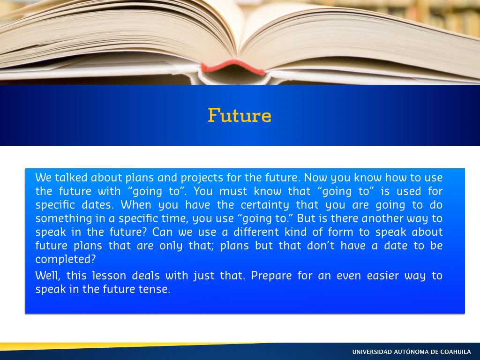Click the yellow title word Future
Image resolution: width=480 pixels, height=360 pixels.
point(240,115)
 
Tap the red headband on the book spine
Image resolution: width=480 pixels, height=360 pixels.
point(233,67)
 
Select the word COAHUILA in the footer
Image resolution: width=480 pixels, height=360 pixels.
point(456,352)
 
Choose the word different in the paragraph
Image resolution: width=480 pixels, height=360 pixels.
point(256,232)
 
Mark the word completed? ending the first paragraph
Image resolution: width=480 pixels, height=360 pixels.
point(66,260)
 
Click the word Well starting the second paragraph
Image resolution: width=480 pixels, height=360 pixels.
point(47,276)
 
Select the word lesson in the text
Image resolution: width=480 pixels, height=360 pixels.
point(109,276)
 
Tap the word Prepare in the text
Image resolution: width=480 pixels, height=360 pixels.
point(271,276)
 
